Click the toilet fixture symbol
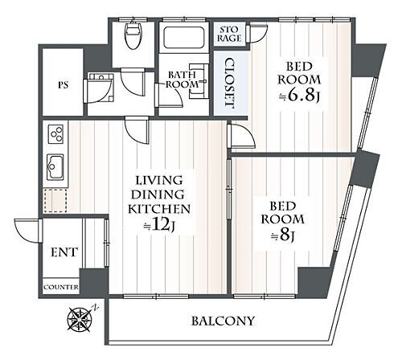click(133, 35)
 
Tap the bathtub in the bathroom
click(183, 38)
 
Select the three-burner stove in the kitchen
click(55, 134)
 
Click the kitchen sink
click(55, 167)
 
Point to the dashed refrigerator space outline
click(55, 201)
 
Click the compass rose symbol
click(80, 318)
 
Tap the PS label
click(64, 85)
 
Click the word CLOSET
click(229, 84)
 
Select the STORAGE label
click(229, 34)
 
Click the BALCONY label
click(223, 321)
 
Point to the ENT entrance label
click(64, 252)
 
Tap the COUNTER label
click(61, 287)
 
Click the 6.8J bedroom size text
click(299, 97)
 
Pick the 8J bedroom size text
click(283, 236)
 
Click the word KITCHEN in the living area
click(159, 209)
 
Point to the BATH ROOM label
click(182, 80)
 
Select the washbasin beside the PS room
click(100, 76)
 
